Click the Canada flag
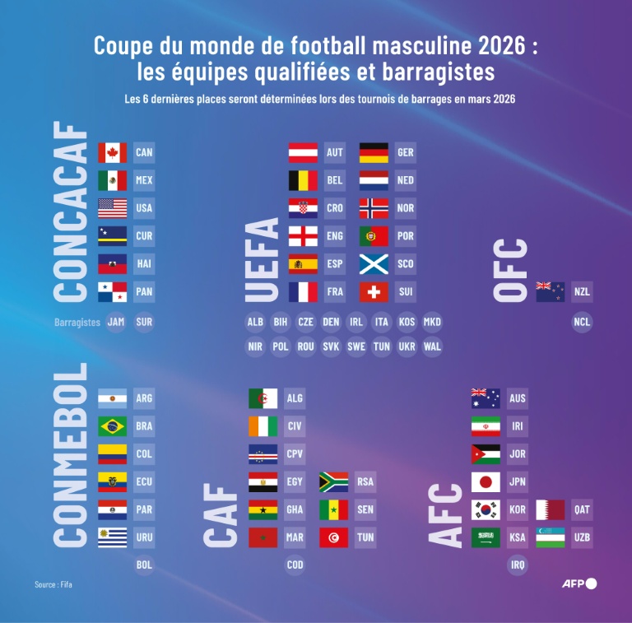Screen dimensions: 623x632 (x=112, y=152)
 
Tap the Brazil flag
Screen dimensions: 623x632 (x=112, y=425)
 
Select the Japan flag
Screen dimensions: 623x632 (x=486, y=481)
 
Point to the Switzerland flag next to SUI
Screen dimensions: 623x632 (x=374, y=291)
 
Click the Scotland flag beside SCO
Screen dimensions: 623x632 (x=374, y=263)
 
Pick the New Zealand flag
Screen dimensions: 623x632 (x=551, y=291)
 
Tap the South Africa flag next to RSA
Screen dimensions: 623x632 (x=333, y=481)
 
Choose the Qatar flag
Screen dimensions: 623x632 (x=551, y=509)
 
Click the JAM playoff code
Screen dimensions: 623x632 (x=116, y=322)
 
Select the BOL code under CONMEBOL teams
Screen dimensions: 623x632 (x=144, y=565)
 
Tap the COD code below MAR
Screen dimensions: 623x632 (x=295, y=565)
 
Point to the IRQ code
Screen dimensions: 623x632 (x=518, y=565)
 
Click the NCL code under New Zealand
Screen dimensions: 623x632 (x=582, y=322)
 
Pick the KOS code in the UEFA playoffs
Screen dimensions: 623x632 (x=407, y=322)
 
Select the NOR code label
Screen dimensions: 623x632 (x=405, y=208)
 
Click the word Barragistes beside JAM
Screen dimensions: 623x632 (x=77, y=322)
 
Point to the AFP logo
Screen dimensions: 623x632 (x=579, y=583)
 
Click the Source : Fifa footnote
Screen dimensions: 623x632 (x=58, y=584)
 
